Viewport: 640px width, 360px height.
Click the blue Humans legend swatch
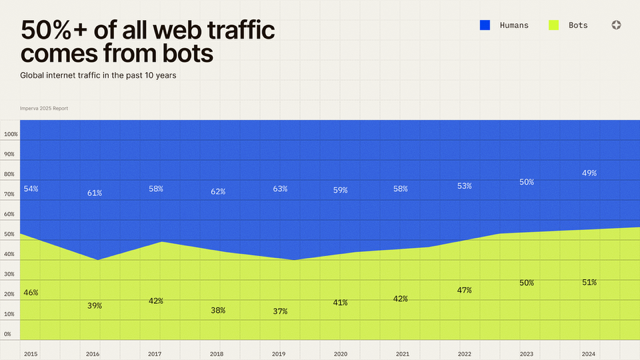pyautogui.click(x=485, y=25)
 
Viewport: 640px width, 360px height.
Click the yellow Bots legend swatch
pyautogui.click(x=554, y=25)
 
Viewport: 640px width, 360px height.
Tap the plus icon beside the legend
pyautogui.click(x=616, y=25)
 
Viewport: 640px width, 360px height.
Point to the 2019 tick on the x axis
pyautogui.click(x=279, y=354)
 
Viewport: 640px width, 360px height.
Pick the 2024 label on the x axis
pyautogui.click(x=589, y=354)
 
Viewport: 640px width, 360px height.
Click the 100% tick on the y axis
pyautogui.click(x=10, y=134)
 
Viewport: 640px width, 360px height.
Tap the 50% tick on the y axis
pyautogui.click(x=9, y=234)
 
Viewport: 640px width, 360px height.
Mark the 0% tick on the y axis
pyautogui.click(x=8, y=334)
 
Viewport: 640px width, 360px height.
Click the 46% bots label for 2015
pyautogui.click(x=31, y=293)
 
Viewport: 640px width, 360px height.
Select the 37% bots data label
pyautogui.click(x=280, y=312)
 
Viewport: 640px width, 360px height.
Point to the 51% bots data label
pyautogui.click(x=590, y=283)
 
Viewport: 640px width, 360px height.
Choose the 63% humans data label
pyautogui.click(x=280, y=189)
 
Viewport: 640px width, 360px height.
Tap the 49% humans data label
pyautogui.click(x=590, y=173)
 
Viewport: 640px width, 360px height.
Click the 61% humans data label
pyautogui.click(x=94, y=193)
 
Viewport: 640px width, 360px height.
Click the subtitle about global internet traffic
pyautogui.click(x=98, y=76)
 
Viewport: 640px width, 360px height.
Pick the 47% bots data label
pyautogui.click(x=465, y=290)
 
